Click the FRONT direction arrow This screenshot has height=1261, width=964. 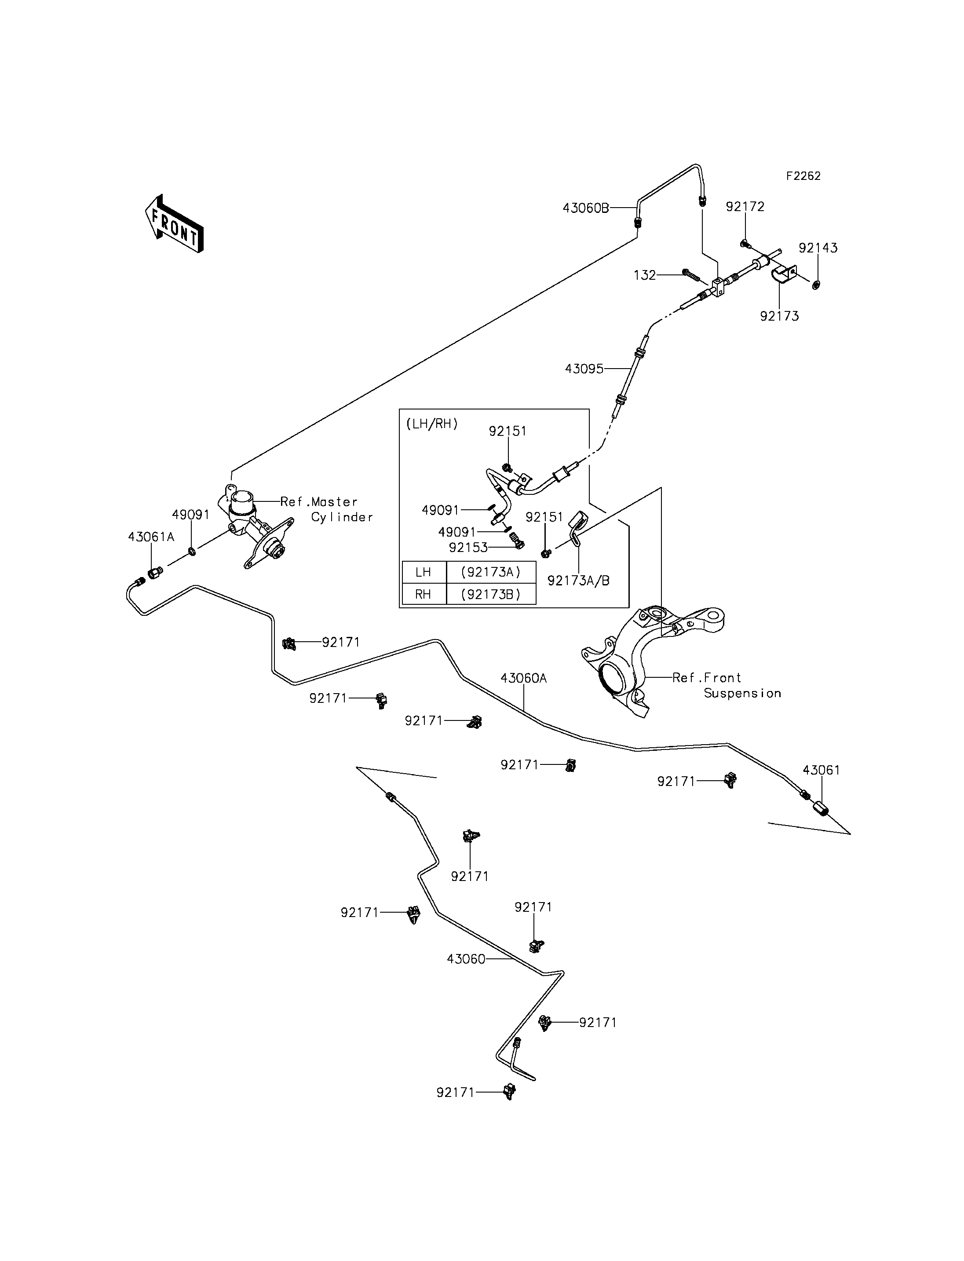coord(174,224)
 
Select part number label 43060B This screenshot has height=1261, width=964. coord(586,208)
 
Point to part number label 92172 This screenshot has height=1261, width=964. coord(745,207)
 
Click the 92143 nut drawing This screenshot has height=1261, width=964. coord(816,284)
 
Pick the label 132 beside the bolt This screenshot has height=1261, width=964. coord(644,275)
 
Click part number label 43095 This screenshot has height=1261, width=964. coord(584,369)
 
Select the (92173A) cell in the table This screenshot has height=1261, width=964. coord(491,572)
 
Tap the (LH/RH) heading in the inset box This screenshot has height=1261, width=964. coord(432,424)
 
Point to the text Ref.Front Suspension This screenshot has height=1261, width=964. coord(727,685)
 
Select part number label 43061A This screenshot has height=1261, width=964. coord(151,537)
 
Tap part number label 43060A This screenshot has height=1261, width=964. coord(523,678)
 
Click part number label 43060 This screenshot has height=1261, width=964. coord(466,959)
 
